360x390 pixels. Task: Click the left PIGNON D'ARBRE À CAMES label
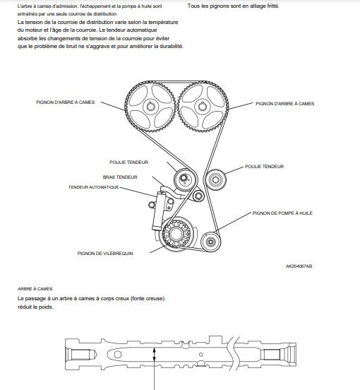point(66,102)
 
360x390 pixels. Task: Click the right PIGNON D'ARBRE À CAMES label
point(284,104)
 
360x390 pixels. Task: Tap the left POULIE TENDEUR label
point(128,162)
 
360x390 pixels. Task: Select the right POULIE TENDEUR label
point(264,167)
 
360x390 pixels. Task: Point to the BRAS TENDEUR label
point(120,177)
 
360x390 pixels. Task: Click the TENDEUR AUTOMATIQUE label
point(93,187)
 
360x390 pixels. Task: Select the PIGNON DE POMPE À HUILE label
point(282,213)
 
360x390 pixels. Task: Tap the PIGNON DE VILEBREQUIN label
point(105,254)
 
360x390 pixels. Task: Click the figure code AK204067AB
point(299,266)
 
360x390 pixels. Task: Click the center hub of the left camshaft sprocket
point(150,107)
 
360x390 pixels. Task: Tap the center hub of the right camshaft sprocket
point(203,107)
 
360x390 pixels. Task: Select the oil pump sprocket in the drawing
point(210,241)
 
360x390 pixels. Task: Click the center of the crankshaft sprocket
point(176,234)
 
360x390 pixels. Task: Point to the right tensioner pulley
point(215,179)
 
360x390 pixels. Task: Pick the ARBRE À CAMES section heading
point(35,289)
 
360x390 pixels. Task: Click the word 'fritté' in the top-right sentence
point(273,6)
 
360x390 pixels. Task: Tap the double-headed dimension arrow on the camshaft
point(155,354)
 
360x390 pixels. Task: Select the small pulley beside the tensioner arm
point(198,196)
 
